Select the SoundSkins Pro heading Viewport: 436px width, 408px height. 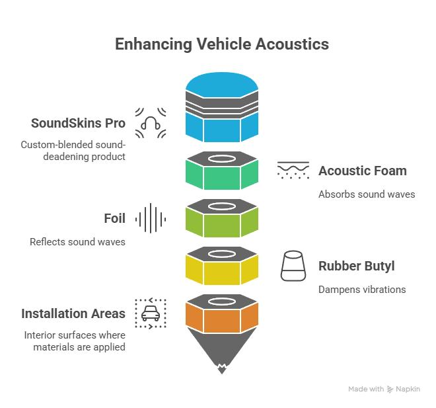coord(79,124)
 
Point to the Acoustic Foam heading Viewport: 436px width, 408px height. coord(362,171)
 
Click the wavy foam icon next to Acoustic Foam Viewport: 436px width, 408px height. coord(293,171)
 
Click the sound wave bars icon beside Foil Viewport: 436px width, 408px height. coord(150,218)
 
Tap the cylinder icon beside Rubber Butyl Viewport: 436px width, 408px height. coord(293,266)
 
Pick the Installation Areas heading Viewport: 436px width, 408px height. coord(73,313)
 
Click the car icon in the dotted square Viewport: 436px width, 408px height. coord(150,313)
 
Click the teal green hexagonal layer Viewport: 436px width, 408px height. coord(222,175)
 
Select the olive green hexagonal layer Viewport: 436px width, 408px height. coord(222,223)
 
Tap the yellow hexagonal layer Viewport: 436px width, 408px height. coord(222,270)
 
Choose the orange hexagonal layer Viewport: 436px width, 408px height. coord(222,318)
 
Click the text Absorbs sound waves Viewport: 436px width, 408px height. coord(367,194)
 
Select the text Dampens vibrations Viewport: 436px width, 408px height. coord(362,290)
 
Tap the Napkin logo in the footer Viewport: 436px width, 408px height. coord(403,389)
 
